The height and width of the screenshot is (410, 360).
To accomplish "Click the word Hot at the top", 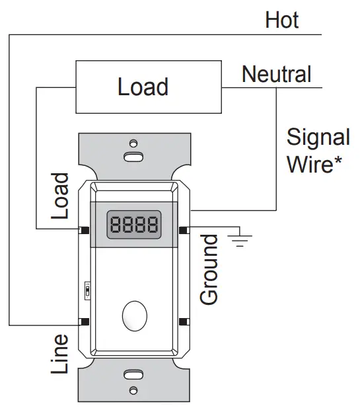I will [282, 20].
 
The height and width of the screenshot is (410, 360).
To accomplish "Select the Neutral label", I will [276, 74].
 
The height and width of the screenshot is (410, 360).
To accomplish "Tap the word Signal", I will [318, 138].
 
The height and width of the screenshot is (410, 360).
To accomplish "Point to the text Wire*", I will [310, 164].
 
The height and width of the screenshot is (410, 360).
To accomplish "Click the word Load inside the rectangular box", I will [143, 87].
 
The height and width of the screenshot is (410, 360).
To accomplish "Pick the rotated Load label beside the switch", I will [61, 196].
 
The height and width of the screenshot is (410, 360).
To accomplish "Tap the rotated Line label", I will [60, 354].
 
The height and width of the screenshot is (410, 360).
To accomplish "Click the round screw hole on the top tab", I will [133, 143].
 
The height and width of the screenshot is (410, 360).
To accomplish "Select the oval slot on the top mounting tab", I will [133, 157].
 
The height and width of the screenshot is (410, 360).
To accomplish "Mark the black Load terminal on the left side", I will [85, 230].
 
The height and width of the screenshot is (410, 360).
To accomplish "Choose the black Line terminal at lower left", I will [85, 322].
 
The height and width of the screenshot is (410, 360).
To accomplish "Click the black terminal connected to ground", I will [182, 230].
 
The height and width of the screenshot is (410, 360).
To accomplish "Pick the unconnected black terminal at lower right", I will [182, 322].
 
